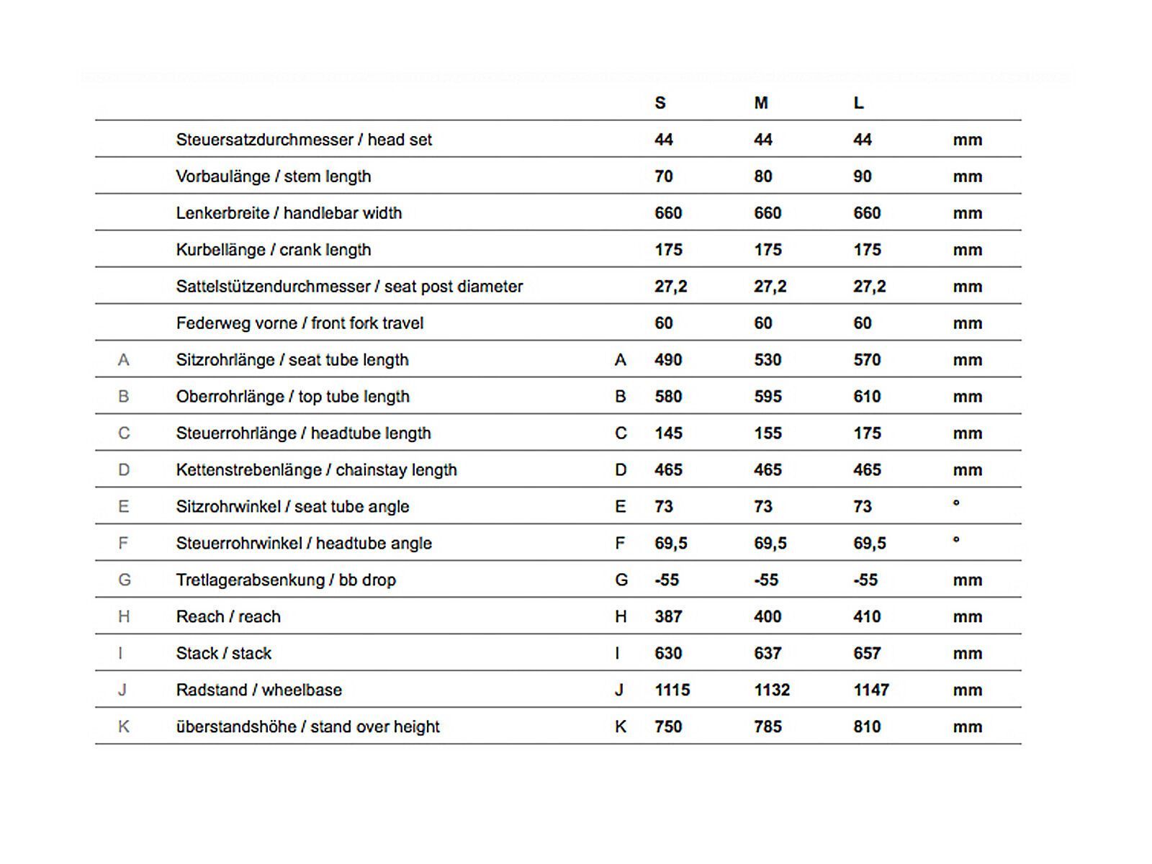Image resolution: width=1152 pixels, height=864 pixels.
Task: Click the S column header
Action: tap(660, 103)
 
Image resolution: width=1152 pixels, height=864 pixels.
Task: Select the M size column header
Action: tap(761, 103)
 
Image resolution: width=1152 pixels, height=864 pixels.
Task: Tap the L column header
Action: tap(858, 103)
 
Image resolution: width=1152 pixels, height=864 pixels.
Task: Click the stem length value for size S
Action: tap(664, 176)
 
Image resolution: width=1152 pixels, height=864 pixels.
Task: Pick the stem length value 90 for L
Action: tap(863, 176)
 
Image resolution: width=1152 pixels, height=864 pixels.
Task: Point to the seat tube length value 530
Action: tap(768, 360)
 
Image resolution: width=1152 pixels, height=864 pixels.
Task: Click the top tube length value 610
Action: tap(867, 397)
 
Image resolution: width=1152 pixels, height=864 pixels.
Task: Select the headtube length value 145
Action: tap(668, 433)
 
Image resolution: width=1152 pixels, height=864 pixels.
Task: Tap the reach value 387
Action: tap(668, 617)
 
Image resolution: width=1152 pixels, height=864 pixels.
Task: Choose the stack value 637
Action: tap(768, 654)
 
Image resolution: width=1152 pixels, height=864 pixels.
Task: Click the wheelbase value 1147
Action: tap(871, 690)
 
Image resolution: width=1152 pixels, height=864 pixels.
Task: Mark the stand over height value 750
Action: tap(668, 727)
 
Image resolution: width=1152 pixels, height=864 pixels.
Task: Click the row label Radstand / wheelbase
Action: tap(259, 690)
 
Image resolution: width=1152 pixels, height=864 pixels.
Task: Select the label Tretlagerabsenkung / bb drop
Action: tap(286, 580)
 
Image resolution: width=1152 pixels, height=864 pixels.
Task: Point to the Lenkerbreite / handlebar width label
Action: tap(289, 213)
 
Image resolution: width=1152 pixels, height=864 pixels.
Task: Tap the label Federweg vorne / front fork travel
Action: tap(300, 323)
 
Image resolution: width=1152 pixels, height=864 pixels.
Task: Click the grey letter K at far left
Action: tap(124, 727)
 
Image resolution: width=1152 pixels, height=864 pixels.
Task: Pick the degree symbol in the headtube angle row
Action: tap(956, 539)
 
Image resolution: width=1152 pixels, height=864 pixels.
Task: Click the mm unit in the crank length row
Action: tap(968, 250)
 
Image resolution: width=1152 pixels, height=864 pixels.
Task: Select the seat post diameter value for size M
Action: tap(770, 287)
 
